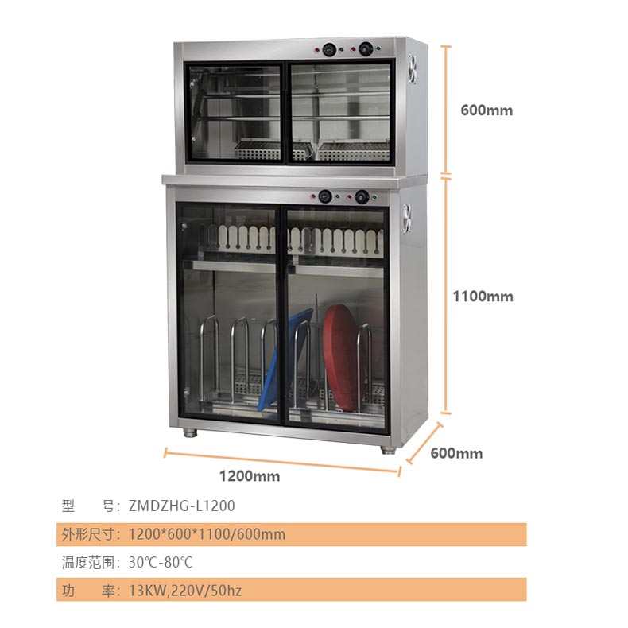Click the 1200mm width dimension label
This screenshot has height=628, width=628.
pyautogui.click(x=250, y=476)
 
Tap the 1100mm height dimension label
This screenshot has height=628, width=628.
pyautogui.click(x=483, y=297)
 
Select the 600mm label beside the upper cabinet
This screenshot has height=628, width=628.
pyautogui.click(x=487, y=110)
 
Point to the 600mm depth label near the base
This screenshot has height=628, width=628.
pyautogui.click(x=456, y=453)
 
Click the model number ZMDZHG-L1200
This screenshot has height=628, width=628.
pyautogui.click(x=181, y=506)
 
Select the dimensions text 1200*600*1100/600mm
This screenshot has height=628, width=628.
pyautogui.click(x=207, y=534)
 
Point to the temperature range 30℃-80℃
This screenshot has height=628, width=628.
pyautogui.click(x=161, y=562)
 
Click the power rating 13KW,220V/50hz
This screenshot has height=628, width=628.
pyautogui.click(x=185, y=591)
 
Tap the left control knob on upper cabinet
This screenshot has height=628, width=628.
pyautogui.click(x=329, y=49)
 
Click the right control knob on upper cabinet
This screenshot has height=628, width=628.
pyautogui.click(x=366, y=49)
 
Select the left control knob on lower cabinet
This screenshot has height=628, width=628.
pyautogui.click(x=325, y=196)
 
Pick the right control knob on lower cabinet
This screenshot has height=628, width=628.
pyautogui.click(x=362, y=197)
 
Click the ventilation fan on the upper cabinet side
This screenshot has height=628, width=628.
pyautogui.click(x=413, y=69)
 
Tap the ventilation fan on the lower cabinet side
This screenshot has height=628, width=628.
pyautogui.click(x=407, y=218)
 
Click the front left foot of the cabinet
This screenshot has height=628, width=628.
pyautogui.click(x=191, y=433)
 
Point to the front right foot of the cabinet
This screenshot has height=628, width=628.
pyautogui.click(x=387, y=450)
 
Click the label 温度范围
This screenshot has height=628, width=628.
pyautogui.click(x=88, y=562)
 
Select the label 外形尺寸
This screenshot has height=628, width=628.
pyautogui.click(x=88, y=534)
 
